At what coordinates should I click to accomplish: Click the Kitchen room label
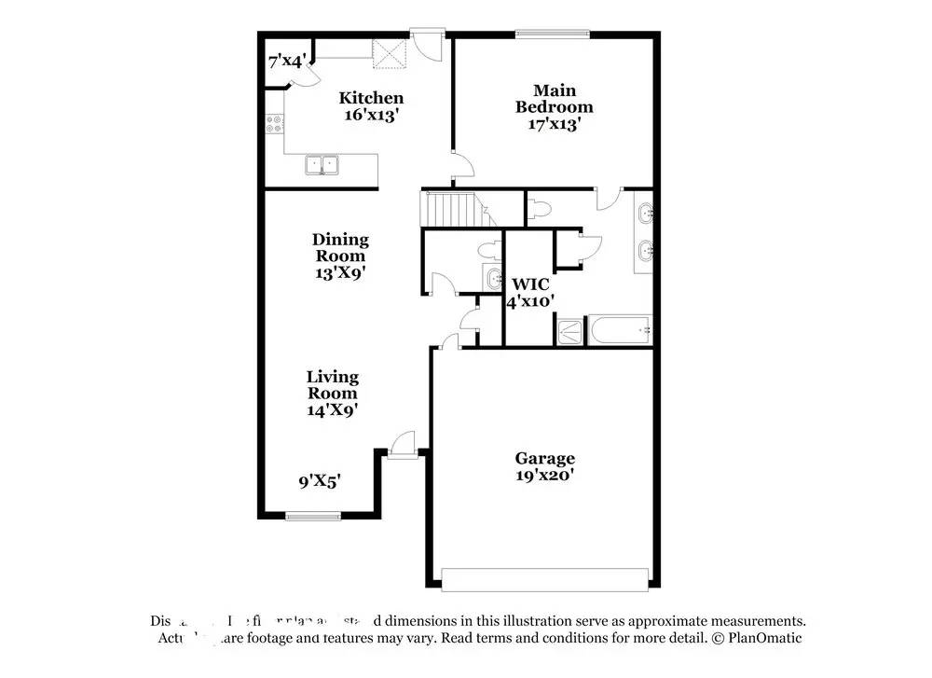click(371, 98)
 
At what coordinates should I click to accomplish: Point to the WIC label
click(530, 283)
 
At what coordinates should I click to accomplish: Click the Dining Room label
click(340, 247)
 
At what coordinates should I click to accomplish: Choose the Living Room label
click(333, 384)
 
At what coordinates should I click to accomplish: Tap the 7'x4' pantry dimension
click(287, 62)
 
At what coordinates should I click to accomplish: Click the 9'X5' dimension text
click(319, 482)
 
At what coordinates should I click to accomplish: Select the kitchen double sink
click(323, 165)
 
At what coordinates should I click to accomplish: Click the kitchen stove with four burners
click(274, 124)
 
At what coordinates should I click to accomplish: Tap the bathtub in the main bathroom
click(618, 329)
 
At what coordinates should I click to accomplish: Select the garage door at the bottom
click(545, 579)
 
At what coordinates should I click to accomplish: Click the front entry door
click(403, 446)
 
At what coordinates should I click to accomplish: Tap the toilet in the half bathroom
click(487, 249)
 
